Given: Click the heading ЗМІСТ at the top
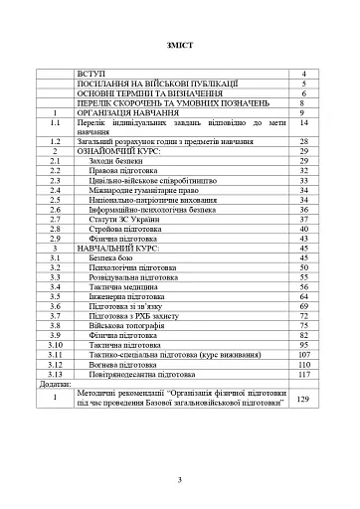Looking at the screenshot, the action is pos(180,47).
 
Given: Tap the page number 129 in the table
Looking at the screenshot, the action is pos(301,399).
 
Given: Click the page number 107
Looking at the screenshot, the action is pos(301,353).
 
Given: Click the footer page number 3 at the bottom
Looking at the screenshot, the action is pos(180,480).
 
